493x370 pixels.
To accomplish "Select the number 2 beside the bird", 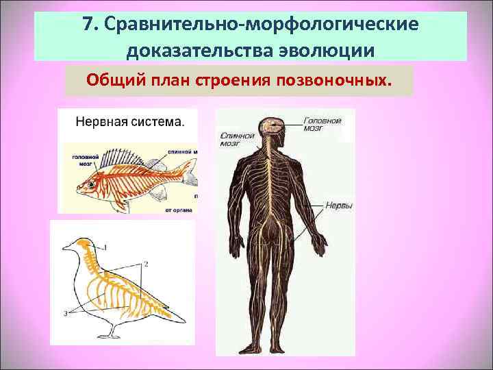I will coord(146,262).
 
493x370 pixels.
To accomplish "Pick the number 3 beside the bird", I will coord(64,312).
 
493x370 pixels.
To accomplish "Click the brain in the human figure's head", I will coord(272,125).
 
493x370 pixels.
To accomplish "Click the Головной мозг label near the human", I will coord(323,124).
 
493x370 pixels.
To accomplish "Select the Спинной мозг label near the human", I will coord(236,139).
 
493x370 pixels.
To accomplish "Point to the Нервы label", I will coord(338,205).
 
